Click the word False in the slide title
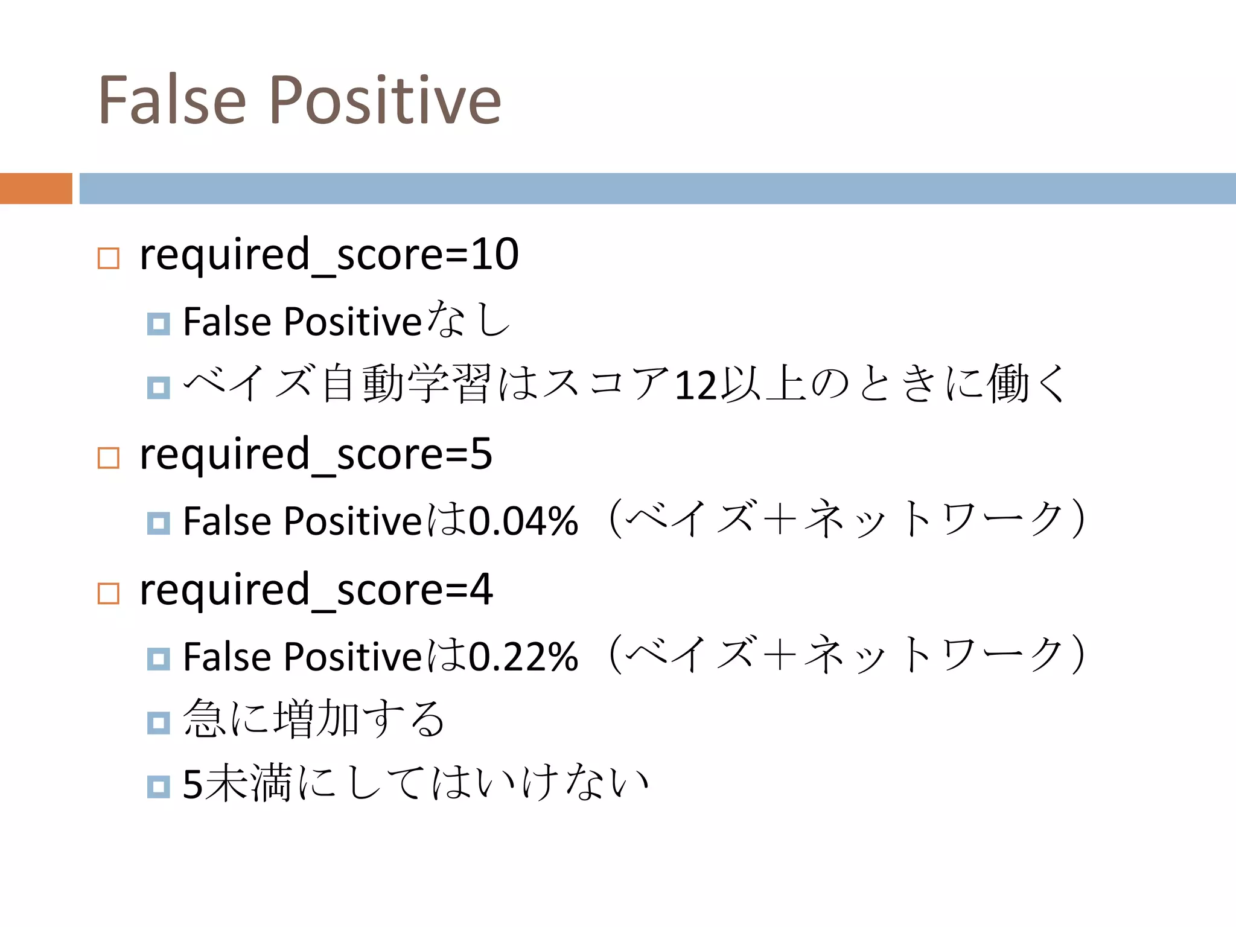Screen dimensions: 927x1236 point(172,100)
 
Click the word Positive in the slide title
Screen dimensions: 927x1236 point(384,100)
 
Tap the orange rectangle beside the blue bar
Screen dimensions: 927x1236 point(36,188)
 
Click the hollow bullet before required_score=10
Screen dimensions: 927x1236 point(109,258)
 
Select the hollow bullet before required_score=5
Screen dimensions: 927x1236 point(109,458)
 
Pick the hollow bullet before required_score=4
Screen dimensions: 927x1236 point(109,594)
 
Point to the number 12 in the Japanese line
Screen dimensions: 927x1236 point(695,385)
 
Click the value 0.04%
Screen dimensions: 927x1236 point(523,521)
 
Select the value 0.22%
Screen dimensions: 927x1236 point(523,657)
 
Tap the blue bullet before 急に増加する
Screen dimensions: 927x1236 point(159,722)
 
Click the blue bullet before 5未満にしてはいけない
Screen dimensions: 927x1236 point(159,786)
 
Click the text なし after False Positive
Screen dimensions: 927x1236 point(468,320)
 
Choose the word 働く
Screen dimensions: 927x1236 point(1026,384)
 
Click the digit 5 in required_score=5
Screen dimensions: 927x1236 point(481,454)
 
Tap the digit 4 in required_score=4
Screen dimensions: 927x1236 point(481,590)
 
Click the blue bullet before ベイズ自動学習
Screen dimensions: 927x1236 point(159,387)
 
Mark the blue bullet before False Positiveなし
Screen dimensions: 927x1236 point(159,324)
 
